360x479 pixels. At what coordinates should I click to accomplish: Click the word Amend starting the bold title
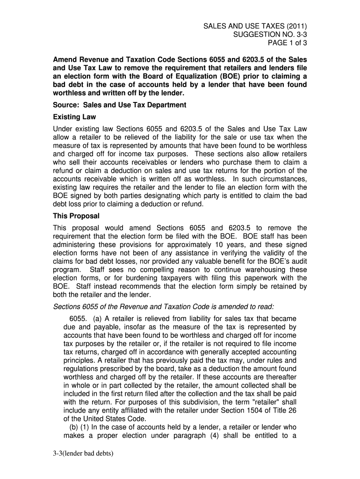click(65, 61)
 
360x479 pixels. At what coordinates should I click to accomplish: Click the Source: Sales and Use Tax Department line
click(119, 105)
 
